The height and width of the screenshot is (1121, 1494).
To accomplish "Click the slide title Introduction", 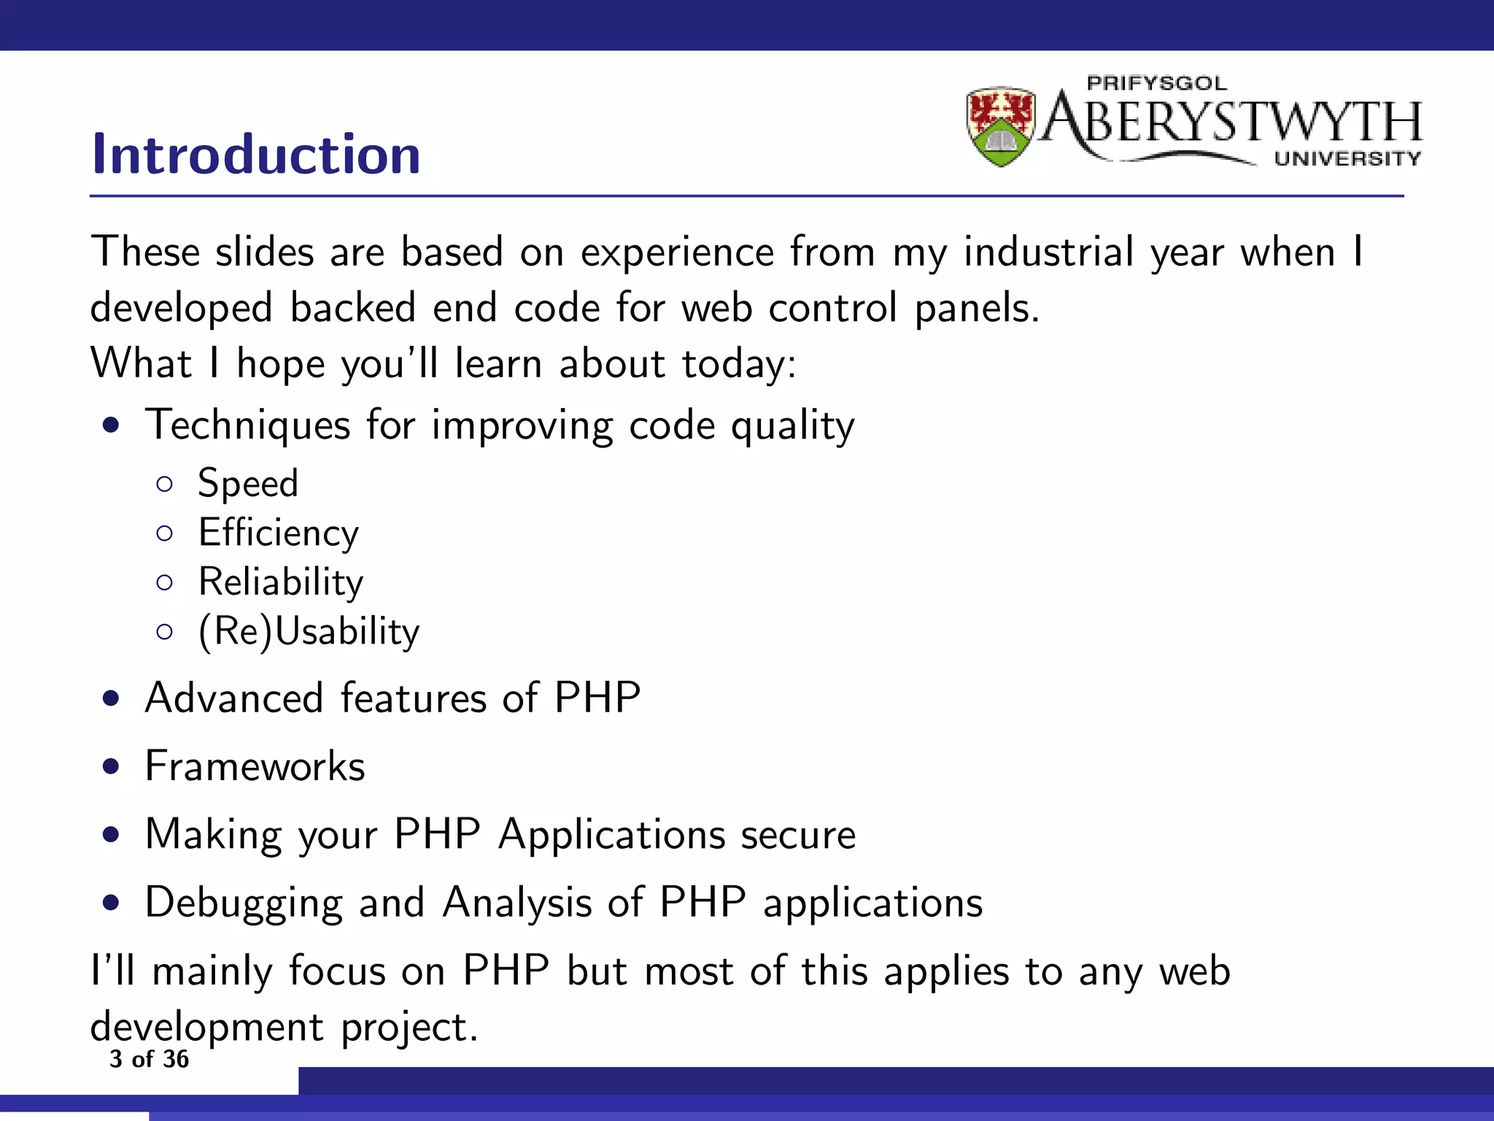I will pos(256,155).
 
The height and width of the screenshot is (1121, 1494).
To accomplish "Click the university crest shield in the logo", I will pos(1000,126).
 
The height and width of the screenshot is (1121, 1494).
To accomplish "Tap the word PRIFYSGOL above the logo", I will pos(1156,83).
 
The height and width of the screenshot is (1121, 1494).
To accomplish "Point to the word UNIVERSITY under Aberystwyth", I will pos(1347,158).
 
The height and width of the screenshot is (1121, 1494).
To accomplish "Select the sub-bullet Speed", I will pos(248,484).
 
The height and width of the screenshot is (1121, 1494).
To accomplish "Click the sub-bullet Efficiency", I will pos(279,533).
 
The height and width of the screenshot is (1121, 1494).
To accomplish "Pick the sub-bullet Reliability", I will pos(281,582).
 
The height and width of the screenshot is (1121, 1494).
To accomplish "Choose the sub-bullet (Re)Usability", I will pos(309,631).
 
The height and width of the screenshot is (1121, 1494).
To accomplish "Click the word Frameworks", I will pos(255,766).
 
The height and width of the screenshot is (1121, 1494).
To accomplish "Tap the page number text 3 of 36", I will pos(149,1059).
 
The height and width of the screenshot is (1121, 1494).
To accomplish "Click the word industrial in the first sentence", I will pos(1048,253).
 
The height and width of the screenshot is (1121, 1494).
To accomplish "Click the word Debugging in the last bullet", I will pos(244,904).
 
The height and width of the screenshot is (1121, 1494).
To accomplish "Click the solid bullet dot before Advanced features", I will pos(111,699).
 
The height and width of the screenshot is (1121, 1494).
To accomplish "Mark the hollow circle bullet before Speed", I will pos(165,484).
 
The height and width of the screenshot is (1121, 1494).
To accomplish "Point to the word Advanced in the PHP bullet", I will pos(233,698).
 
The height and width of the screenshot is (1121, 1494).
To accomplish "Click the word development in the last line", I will pos(206,1028).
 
